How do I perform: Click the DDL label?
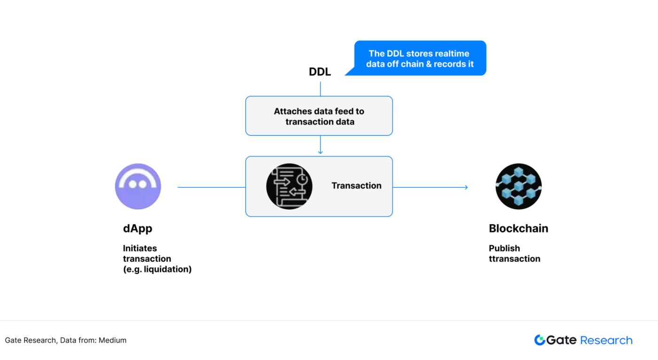(x=320, y=72)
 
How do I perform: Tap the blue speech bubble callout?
(x=420, y=58)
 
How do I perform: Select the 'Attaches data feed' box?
(x=319, y=116)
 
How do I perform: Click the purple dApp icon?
(x=138, y=187)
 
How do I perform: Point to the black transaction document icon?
(x=289, y=186)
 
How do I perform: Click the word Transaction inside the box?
(x=356, y=186)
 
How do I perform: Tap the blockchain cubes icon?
(x=518, y=187)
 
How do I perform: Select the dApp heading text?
(x=138, y=228)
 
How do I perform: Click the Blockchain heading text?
(x=518, y=228)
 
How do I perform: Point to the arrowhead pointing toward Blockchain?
(x=465, y=188)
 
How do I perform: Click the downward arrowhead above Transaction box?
(x=320, y=152)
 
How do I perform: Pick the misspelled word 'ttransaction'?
(x=515, y=258)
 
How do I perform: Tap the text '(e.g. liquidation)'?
(x=157, y=269)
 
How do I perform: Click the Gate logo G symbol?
(x=540, y=340)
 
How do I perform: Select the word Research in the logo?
(x=606, y=340)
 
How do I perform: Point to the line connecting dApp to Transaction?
(x=211, y=187)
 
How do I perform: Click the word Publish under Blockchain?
(x=504, y=248)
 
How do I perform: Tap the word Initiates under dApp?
(x=140, y=248)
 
